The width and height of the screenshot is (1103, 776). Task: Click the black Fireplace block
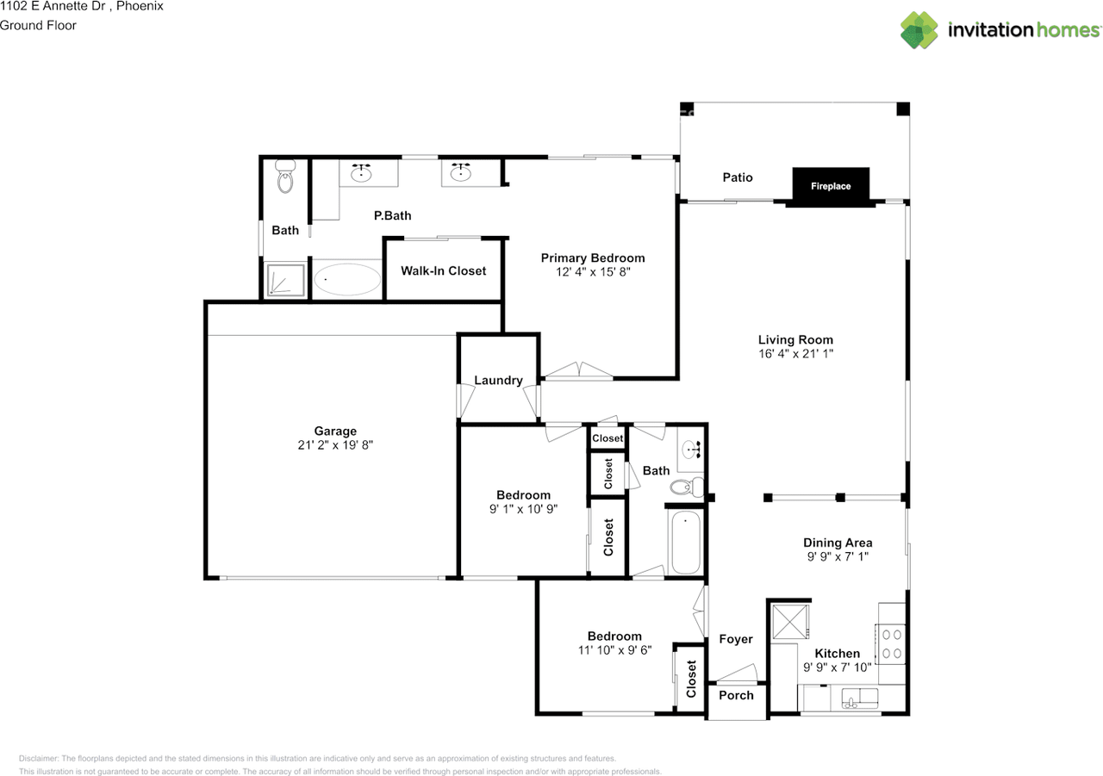click(x=831, y=186)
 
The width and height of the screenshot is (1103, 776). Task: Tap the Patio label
click(x=737, y=177)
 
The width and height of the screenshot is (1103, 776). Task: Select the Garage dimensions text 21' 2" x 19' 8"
click(x=335, y=445)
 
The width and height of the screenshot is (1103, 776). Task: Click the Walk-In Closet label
click(x=443, y=270)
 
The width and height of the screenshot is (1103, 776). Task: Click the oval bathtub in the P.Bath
click(x=347, y=280)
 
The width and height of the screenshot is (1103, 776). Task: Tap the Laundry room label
click(x=498, y=380)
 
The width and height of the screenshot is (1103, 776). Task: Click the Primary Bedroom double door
click(x=578, y=371)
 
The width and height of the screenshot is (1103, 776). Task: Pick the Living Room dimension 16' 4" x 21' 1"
click(x=795, y=353)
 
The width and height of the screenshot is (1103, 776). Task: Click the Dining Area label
click(x=838, y=543)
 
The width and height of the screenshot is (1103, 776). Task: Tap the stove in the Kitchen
click(x=892, y=643)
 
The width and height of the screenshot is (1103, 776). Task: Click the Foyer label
click(x=735, y=639)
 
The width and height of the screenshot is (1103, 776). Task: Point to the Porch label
click(x=736, y=695)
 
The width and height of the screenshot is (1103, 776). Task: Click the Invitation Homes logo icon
click(x=919, y=30)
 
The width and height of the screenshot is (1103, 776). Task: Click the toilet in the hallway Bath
click(x=684, y=487)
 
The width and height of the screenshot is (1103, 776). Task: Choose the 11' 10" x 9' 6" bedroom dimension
click(x=614, y=651)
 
